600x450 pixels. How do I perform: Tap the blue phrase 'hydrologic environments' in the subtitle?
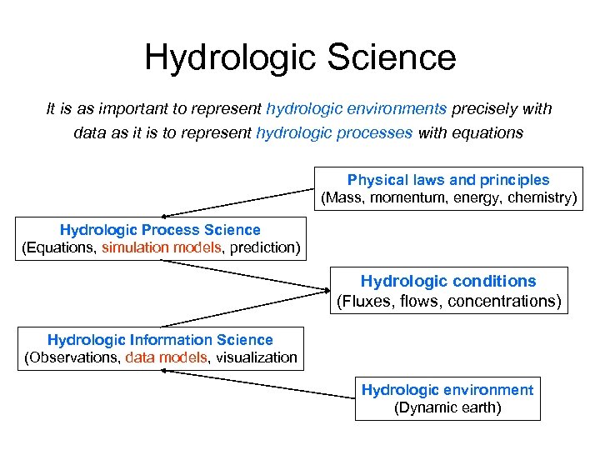click(x=357, y=109)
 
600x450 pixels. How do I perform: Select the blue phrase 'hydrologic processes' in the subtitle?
click(x=334, y=132)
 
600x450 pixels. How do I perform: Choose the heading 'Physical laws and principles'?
click(x=448, y=180)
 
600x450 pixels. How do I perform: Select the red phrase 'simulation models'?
click(x=155, y=248)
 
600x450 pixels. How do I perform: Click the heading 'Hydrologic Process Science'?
click(x=160, y=230)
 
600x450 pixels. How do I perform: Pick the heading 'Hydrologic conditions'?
click(x=448, y=282)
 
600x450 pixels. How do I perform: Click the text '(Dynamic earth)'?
click(x=447, y=408)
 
